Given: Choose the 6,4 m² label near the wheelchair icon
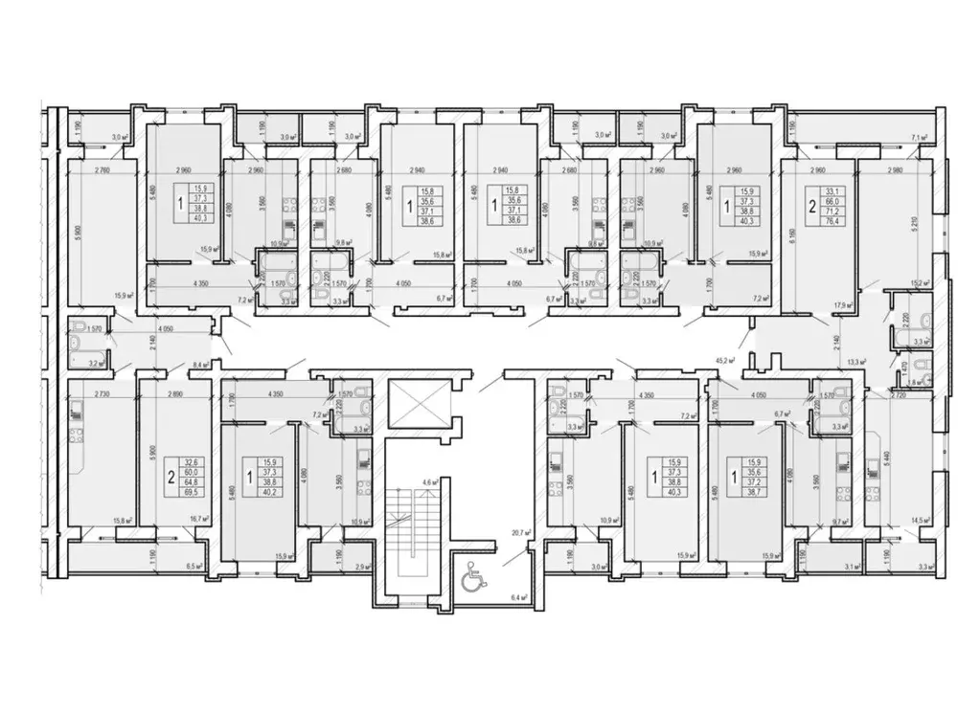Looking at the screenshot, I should tap(520, 596).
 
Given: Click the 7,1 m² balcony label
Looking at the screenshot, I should tap(921, 138).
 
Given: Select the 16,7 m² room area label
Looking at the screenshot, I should tap(202, 520).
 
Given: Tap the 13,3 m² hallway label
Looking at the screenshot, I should tap(855, 362).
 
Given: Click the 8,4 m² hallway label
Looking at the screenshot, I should tap(201, 365).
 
